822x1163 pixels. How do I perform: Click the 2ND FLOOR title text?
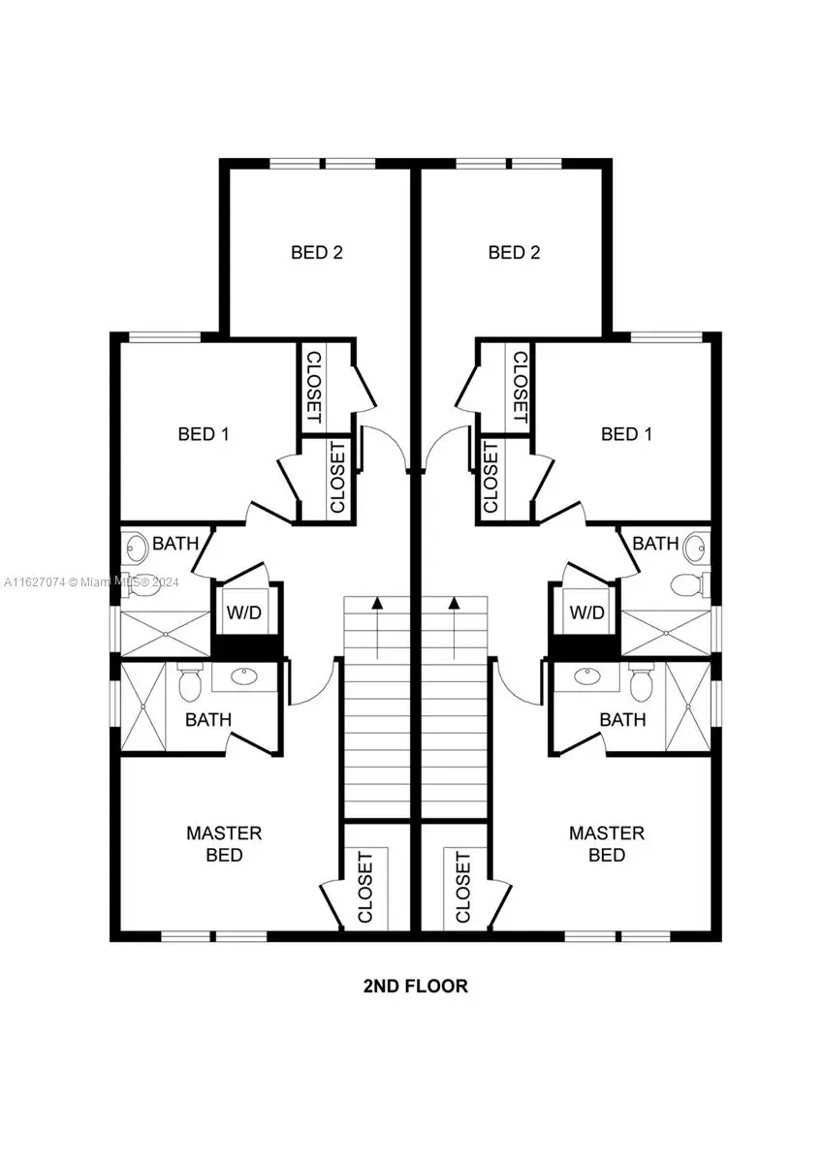[415, 987]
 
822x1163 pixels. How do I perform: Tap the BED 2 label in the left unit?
[317, 253]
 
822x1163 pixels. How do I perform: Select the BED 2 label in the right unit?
[514, 253]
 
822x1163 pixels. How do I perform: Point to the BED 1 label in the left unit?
[204, 434]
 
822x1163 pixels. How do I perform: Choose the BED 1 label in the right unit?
[626, 434]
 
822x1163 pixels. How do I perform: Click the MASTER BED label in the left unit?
[224, 844]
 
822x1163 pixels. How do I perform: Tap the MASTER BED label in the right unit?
[607, 844]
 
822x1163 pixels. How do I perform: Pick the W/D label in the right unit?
[586, 613]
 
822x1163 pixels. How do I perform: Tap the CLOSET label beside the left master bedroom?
[365, 887]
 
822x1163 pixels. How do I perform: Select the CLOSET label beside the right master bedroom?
[463, 887]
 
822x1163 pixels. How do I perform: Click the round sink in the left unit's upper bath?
[137, 549]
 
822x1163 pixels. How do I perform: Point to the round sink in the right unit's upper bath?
[694, 549]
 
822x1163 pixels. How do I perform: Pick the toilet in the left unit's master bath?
[190, 684]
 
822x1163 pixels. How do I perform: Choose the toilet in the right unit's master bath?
[641, 684]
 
